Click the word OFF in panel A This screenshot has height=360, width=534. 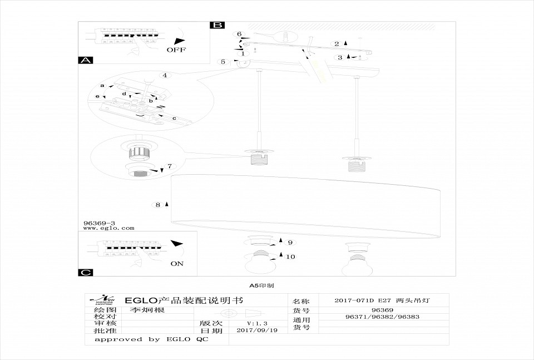point(176,50)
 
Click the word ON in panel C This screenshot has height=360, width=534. point(177,264)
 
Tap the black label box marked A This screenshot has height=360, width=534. point(85,60)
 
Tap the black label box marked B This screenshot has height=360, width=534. point(217,25)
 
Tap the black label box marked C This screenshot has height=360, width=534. point(85,272)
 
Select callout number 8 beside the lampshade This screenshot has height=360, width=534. point(158,205)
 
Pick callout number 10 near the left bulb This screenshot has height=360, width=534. point(290,257)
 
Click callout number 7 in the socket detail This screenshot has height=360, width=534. point(170,166)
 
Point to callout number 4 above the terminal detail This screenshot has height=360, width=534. point(165,75)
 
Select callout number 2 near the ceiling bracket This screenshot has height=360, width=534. point(337,43)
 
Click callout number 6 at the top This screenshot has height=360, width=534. point(239,34)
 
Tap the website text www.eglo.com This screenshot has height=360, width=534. point(108,228)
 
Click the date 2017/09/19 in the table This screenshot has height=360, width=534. point(256,330)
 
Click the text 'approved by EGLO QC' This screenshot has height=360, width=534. point(151,339)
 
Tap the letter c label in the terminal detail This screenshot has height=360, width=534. point(174,119)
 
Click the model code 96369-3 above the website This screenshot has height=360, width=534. point(98,223)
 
